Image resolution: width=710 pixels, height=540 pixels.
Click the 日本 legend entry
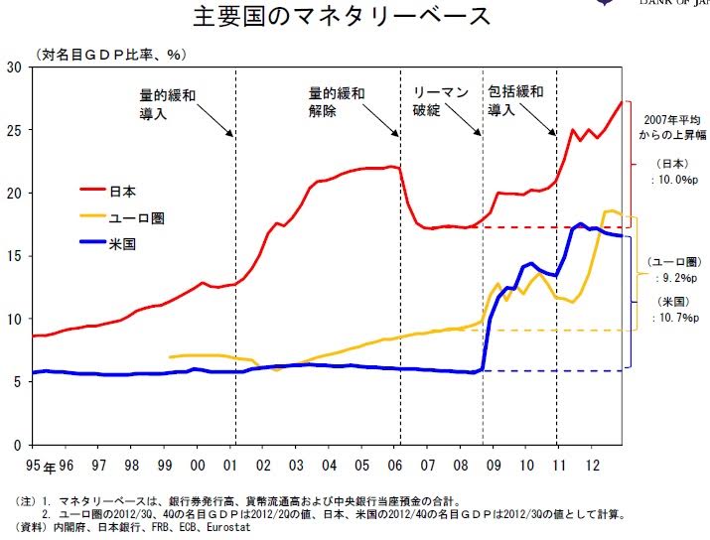pos(123,188)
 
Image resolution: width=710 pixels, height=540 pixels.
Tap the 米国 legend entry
pos(123,243)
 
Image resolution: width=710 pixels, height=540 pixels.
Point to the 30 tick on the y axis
pos(13,67)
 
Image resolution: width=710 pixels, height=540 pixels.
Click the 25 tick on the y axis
pos(13,130)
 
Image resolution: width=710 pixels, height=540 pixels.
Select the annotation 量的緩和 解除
pos(337,103)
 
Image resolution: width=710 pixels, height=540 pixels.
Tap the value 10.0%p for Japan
pos(670,181)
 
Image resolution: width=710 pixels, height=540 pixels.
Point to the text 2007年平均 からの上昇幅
pos(666,125)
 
